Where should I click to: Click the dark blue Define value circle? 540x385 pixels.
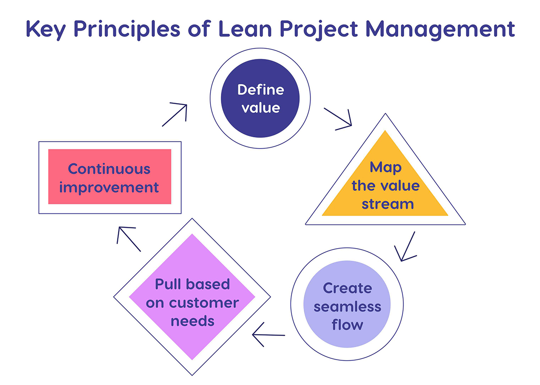(x=261, y=99)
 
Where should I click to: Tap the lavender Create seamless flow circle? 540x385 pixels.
(x=347, y=306)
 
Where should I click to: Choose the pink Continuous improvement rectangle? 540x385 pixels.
(x=109, y=177)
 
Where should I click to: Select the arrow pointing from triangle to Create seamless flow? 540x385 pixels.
(x=406, y=247)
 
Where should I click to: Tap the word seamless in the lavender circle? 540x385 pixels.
(x=347, y=306)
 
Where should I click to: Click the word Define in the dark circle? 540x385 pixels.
(x=261, y=90)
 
